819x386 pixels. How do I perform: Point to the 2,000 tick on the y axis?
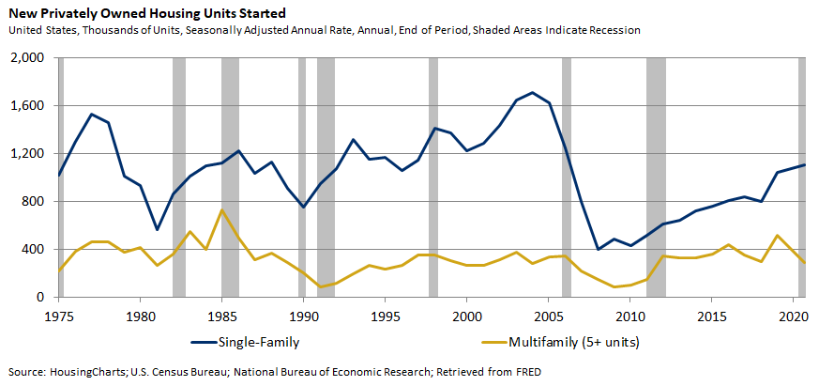29,58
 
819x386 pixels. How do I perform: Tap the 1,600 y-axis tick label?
29,106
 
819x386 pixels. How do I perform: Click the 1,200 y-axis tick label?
29,154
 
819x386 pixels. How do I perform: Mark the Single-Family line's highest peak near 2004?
533,93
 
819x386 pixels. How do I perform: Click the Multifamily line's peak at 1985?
222,210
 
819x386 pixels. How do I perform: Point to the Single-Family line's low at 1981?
157,229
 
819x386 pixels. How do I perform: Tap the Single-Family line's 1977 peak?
92,115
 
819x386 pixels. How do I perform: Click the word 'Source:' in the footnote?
26,370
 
